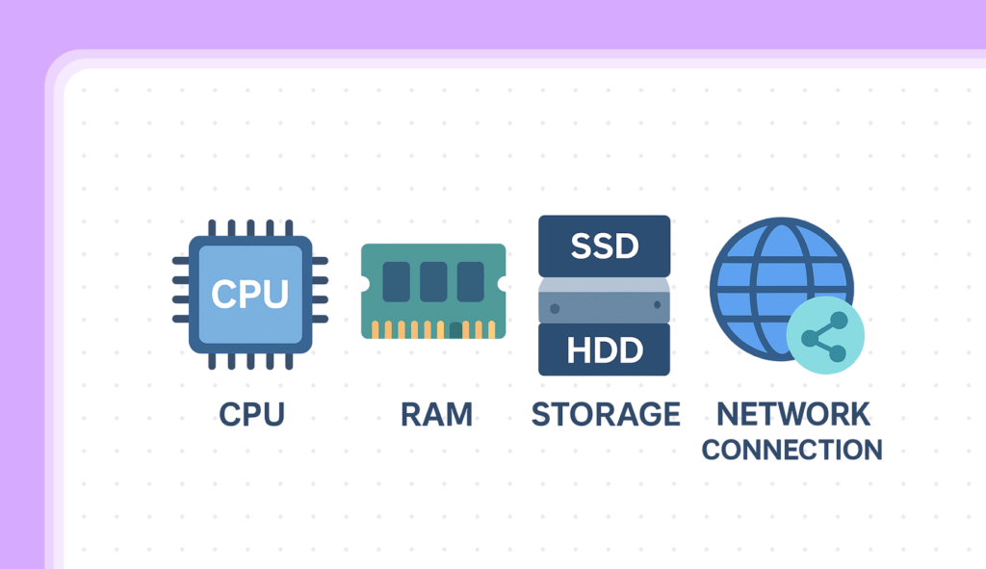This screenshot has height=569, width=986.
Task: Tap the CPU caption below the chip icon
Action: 252,415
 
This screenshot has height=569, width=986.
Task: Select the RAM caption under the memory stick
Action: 436,415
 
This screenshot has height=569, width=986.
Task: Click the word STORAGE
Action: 606,415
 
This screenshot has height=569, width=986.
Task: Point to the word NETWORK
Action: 793,414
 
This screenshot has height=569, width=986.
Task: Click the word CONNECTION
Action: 791,450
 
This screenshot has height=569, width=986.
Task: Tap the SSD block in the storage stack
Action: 604,246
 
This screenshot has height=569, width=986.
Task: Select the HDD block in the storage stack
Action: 604,349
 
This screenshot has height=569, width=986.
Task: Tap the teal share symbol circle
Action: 825,337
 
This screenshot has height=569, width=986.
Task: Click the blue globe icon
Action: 770,279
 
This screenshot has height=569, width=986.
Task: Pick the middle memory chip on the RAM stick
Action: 433,282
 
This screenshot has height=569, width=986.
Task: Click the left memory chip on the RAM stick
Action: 396,282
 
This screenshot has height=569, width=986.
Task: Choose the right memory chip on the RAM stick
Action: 470,282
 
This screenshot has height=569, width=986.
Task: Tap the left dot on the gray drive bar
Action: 556,307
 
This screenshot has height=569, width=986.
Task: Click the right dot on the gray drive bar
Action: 658,305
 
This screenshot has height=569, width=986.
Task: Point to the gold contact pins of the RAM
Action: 433,329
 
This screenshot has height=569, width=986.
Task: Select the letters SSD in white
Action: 604,246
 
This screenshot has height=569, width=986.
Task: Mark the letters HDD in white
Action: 604,350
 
